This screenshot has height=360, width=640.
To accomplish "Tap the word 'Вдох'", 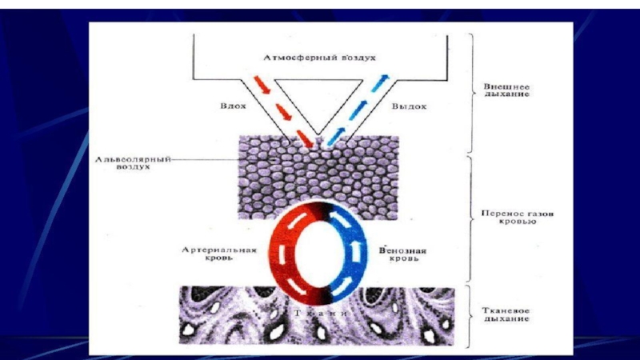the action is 230,105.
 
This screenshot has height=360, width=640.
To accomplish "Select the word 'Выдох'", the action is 409,105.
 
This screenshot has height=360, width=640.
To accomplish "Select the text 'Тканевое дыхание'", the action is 510,314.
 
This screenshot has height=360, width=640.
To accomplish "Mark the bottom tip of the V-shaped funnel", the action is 319,135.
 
